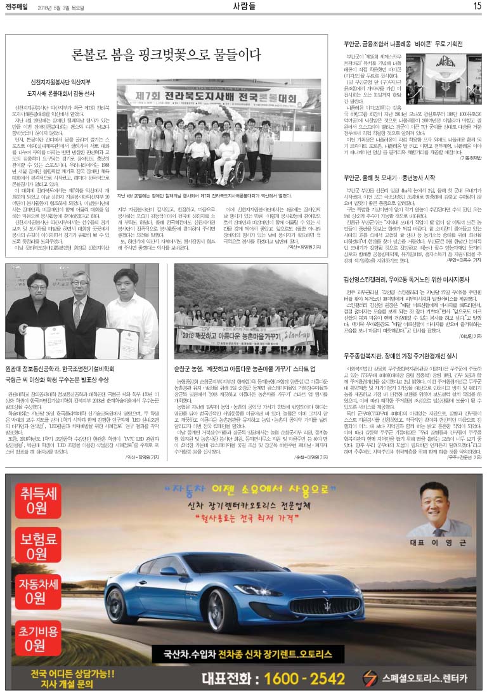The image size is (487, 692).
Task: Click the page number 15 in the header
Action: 477,6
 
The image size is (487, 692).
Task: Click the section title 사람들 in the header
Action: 243,6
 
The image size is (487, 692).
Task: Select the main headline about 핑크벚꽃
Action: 166,54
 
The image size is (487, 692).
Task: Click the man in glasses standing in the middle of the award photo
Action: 81,307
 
